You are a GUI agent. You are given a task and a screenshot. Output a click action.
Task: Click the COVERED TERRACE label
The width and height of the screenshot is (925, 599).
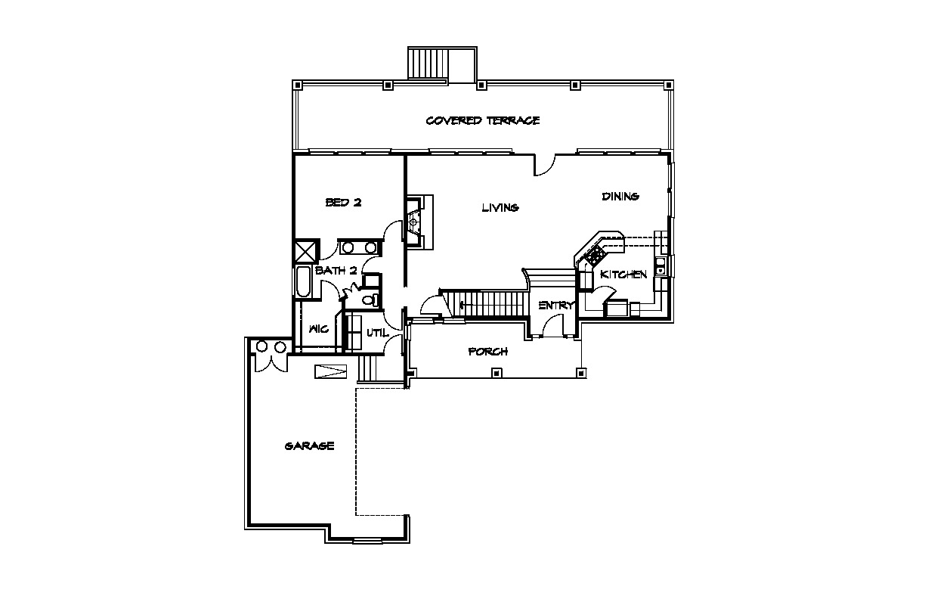(x=483, y=121)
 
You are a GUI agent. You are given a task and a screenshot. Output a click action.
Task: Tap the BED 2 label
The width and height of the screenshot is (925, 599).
(x=344, y=203)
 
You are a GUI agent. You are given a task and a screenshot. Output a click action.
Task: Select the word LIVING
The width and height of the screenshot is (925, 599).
(x=500, y=207)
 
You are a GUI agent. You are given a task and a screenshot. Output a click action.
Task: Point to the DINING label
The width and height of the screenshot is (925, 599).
(x=620, y=197)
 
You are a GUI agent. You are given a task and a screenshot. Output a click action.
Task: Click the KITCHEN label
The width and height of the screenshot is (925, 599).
(x=623, y=275)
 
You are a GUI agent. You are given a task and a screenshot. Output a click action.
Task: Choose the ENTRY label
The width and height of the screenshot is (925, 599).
(x=556, y=306)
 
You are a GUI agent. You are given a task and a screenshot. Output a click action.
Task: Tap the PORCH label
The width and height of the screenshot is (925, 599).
(x=488, y=352)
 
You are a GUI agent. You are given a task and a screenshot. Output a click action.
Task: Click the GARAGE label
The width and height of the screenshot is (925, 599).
(x=309, y=446)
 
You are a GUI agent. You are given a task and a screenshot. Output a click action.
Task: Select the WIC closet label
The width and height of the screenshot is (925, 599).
(x=319, y=329)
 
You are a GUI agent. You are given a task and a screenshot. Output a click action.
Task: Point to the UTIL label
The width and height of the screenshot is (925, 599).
(x=377, y=333)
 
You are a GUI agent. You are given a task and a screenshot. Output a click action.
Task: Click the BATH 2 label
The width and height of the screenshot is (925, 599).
(x=336, y=272)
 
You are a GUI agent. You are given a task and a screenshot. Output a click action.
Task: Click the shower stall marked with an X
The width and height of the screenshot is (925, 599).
(x=306, y=251)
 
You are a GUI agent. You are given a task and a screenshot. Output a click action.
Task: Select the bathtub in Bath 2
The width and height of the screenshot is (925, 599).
(x=302, y=282)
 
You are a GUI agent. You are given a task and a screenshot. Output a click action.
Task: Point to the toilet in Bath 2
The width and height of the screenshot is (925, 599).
(x=370, y=299)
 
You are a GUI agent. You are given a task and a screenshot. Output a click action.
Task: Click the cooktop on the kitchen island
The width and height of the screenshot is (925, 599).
(x=595, y=255)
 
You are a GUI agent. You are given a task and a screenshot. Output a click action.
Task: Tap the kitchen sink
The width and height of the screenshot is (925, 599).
(x=660, y=265)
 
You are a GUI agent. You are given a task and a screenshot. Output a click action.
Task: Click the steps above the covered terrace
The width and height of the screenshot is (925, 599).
(x=428, y=64)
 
